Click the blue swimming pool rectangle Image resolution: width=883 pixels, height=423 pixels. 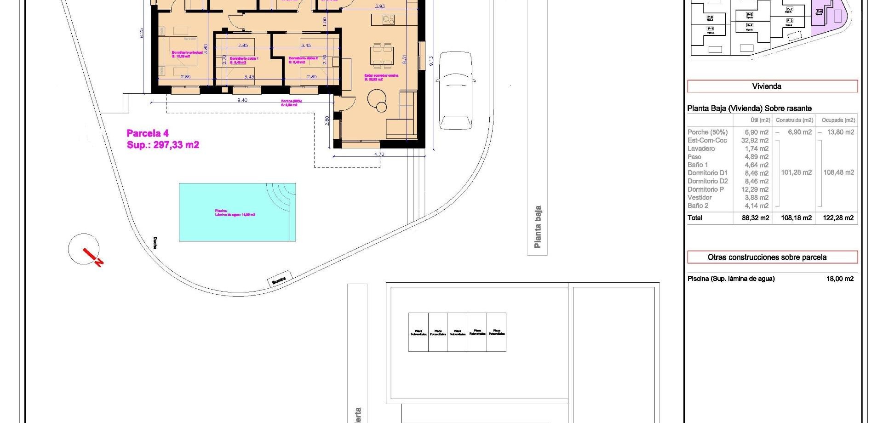[x=237, y=212]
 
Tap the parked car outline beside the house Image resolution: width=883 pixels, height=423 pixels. [x=455, y=90]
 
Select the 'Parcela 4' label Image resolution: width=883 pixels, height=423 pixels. [x=148, y=133]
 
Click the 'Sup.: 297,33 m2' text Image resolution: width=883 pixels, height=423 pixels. [x=163, y=145]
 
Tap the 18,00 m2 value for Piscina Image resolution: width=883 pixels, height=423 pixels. [x=840, y=279]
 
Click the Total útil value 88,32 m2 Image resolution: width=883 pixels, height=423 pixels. [x=755, y=218]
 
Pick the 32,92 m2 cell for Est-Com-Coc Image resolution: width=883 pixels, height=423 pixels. [x=755, y=140]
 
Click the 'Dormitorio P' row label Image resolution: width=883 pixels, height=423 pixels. [x=705, y=189]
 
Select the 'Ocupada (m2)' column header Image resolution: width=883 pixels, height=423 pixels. [x=838, y=120]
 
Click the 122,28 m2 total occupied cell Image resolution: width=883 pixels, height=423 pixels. [x=838, y=218]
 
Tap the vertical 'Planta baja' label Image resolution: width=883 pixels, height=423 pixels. [x=537, y=227]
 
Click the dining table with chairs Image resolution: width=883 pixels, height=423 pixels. [x=382, y=56]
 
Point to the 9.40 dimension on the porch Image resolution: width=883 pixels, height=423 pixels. [x=242, y=100]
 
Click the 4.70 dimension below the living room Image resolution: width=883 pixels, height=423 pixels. [x=379, y=154]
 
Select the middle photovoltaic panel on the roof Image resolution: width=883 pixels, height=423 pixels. [x=457, y=332]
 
